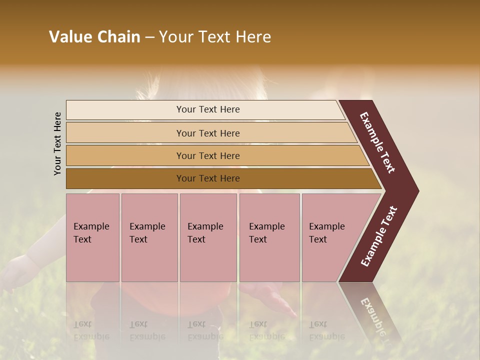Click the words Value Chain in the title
tap(94, 37)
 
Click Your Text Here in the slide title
tap(215, 37)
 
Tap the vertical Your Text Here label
tap(57, 143)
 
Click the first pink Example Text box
tap(92, 237)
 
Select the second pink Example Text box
tap(149, 237)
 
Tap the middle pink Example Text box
tap(208, 237)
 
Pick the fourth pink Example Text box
tap(269, 237)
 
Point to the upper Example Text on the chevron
tap(377, 142)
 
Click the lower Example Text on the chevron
tap(379, 236)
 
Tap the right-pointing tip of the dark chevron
tap(415, 191)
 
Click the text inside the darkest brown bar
tap(208, 178)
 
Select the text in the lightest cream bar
tap(208, 109)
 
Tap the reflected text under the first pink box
tap(91, 330)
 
